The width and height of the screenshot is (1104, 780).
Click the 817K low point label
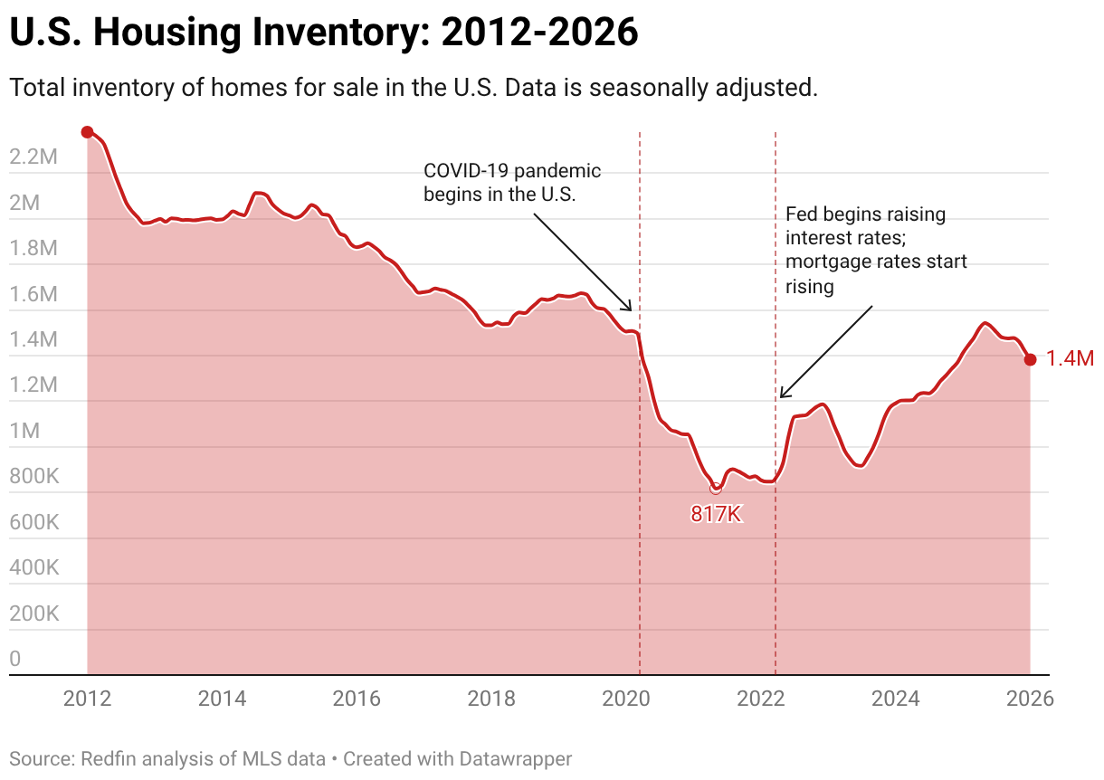pos(716,515)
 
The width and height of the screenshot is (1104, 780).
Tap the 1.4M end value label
pos(1070,359)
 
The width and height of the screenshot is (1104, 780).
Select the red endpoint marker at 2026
pos(1030,359)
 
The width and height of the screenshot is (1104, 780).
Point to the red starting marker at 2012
pos(87,132)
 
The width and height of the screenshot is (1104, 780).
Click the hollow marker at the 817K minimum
pos(716,488)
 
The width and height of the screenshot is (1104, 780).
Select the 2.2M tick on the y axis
pos(33,157)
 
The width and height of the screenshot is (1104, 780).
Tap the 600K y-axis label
pos(33,523)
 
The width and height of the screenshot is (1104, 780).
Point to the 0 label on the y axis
pos(15,660)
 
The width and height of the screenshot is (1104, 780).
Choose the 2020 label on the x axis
pos(626,699)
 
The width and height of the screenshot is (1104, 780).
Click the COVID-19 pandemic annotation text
pos(512,182)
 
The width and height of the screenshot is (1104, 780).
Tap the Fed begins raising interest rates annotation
pos(875,250)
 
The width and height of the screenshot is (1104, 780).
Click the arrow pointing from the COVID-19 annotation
pos(583,262)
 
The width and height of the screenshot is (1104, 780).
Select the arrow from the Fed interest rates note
pos(825,352)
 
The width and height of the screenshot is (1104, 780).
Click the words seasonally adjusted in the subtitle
pos(715,89)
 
